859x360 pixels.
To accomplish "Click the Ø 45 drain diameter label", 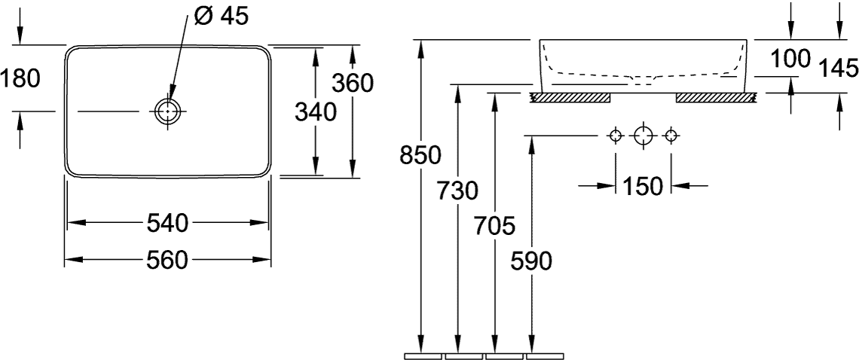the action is pos(222,16).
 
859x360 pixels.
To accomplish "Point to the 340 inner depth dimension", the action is pos(316,112).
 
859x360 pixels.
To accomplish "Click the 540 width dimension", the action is pos(167,223).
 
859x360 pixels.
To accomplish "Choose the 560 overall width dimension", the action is pos(167,260).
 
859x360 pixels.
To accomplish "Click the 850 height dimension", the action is pos(420,156).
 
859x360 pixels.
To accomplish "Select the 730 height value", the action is pos(458,191).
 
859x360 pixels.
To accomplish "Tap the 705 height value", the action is pos(495,225).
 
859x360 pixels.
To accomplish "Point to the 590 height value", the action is pos(531,261).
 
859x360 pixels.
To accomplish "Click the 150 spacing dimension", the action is pos(643,186).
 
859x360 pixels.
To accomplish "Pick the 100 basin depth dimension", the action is pos(790,58).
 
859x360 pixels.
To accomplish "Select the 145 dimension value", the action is pos(838,69).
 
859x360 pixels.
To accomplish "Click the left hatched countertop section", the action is pos(570,98).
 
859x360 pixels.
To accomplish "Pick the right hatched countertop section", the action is pos(717,98).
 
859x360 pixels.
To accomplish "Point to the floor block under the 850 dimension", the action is pos(423,357).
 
